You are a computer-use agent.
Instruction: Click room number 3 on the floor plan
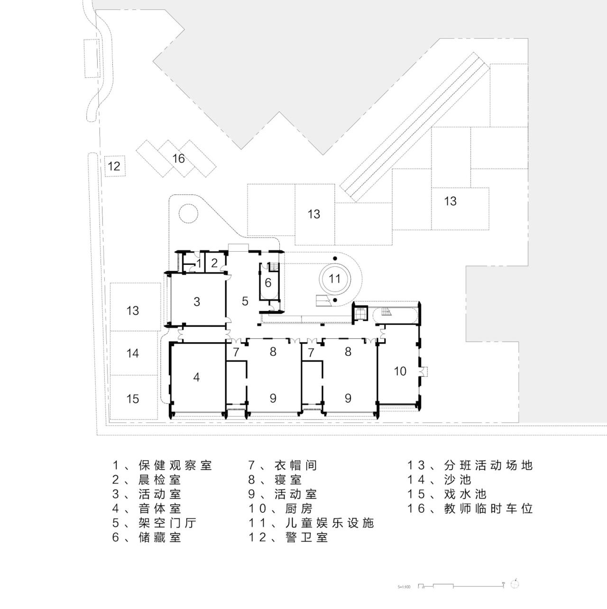197,302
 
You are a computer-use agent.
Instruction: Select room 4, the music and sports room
196,377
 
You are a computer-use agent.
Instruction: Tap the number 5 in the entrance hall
245,301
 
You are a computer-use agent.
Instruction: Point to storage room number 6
268,283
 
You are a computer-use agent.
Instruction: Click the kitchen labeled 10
400,371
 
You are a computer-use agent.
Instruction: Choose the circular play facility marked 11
335,279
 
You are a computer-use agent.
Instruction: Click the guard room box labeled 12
114,166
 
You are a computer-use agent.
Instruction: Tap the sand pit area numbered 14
133,353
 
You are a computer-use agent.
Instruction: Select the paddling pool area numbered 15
133,399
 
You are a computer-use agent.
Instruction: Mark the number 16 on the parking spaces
178,158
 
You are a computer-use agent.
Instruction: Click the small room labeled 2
214,263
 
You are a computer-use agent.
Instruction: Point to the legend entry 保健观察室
175,465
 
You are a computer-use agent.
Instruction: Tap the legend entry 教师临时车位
488,509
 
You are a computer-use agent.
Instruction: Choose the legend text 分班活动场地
488,465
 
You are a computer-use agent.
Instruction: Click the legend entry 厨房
299,509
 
